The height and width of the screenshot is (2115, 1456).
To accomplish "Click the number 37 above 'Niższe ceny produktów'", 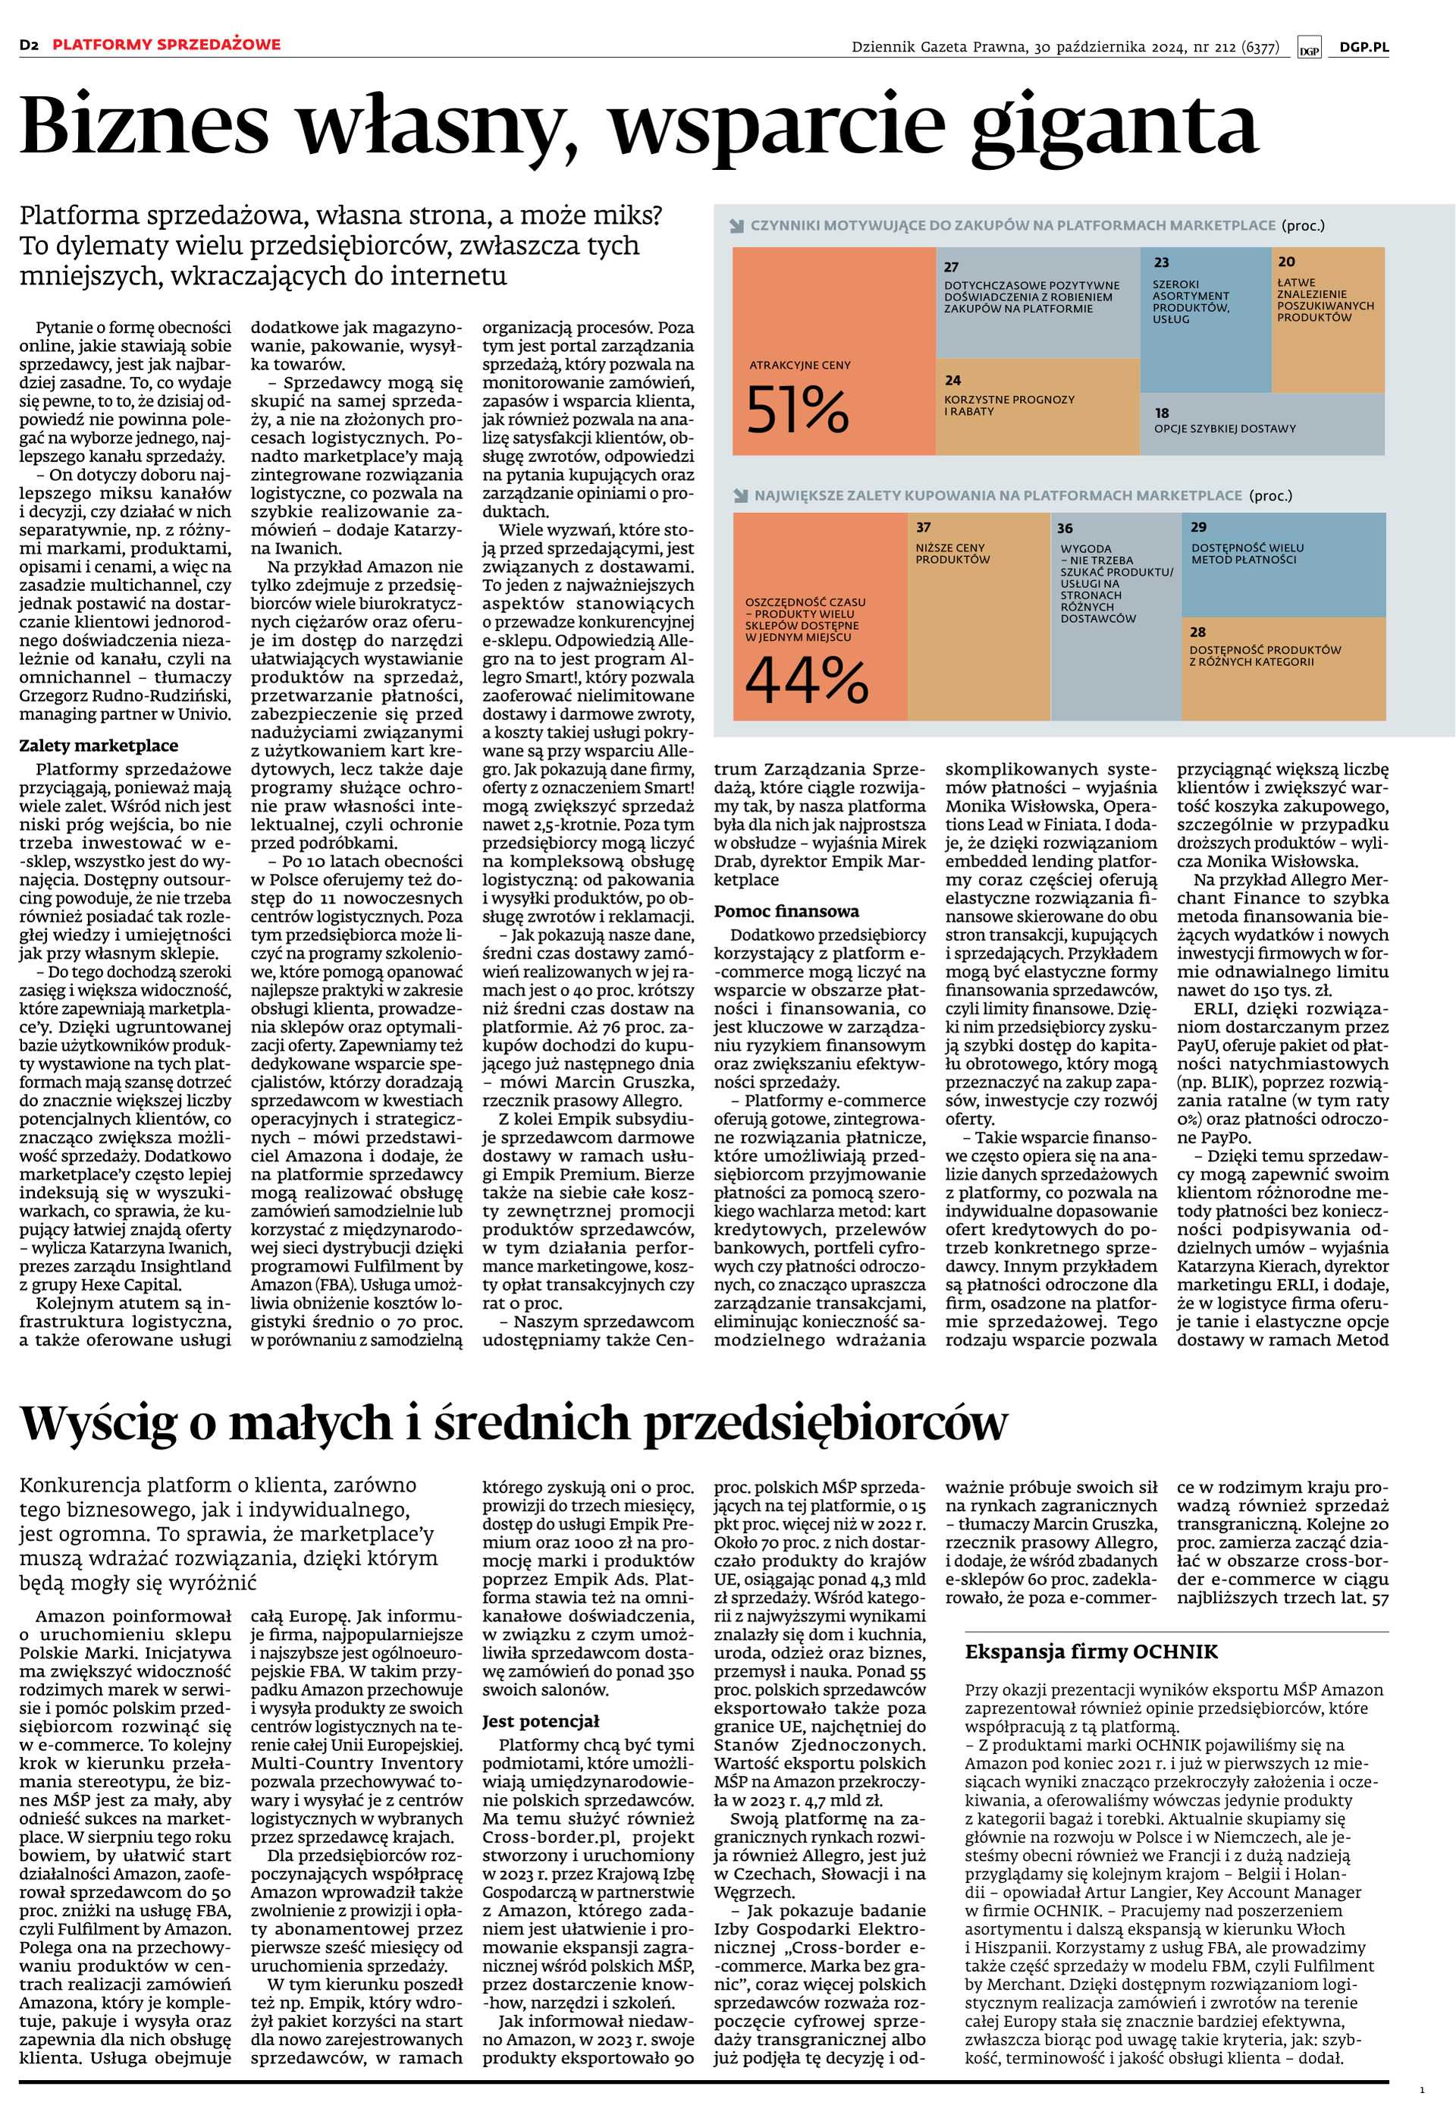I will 923,526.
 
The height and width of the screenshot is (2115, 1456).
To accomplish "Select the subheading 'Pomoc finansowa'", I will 786,910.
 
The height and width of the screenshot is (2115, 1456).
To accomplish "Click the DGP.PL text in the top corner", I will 1363,48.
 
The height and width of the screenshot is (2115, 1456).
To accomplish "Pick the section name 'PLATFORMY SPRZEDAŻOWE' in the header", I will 166,45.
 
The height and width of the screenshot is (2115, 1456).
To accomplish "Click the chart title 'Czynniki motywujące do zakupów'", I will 1012,225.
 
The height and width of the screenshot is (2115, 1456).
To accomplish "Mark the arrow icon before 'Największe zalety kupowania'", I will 740,496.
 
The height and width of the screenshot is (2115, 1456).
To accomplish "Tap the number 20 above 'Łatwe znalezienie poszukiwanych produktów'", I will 1286,262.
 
